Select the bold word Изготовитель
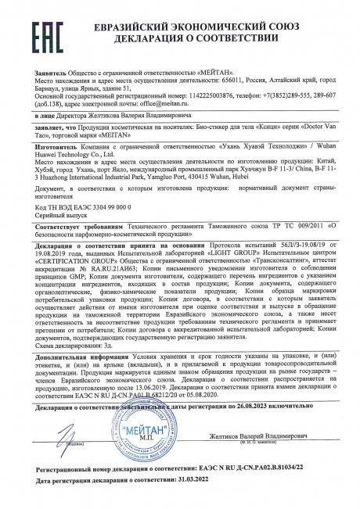click(41, 156)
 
